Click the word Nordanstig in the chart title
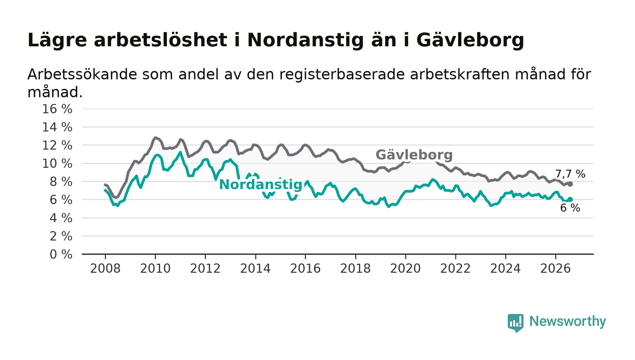pos(305,40)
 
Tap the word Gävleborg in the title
pos(470,40)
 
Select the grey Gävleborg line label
pos(414,155)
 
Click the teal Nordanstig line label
pos(261,185)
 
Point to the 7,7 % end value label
pos(570,174)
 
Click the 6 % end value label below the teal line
pos(570,208)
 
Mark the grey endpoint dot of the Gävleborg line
pos(570,184)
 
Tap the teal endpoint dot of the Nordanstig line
pos(570,199)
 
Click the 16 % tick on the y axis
pos(57,109)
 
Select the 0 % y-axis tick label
pos(61,254)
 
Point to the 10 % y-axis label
pos(57,164)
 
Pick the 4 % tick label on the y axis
pos(61,218)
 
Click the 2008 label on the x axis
pos(105,268)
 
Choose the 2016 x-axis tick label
pos(305,268)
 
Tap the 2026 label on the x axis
pos(555,268)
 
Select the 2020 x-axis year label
pos(405,268)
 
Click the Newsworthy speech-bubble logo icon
pos(515,323)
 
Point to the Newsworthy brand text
pos(567,321)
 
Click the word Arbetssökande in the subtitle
pos(82,74)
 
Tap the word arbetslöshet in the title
pos(161,40)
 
